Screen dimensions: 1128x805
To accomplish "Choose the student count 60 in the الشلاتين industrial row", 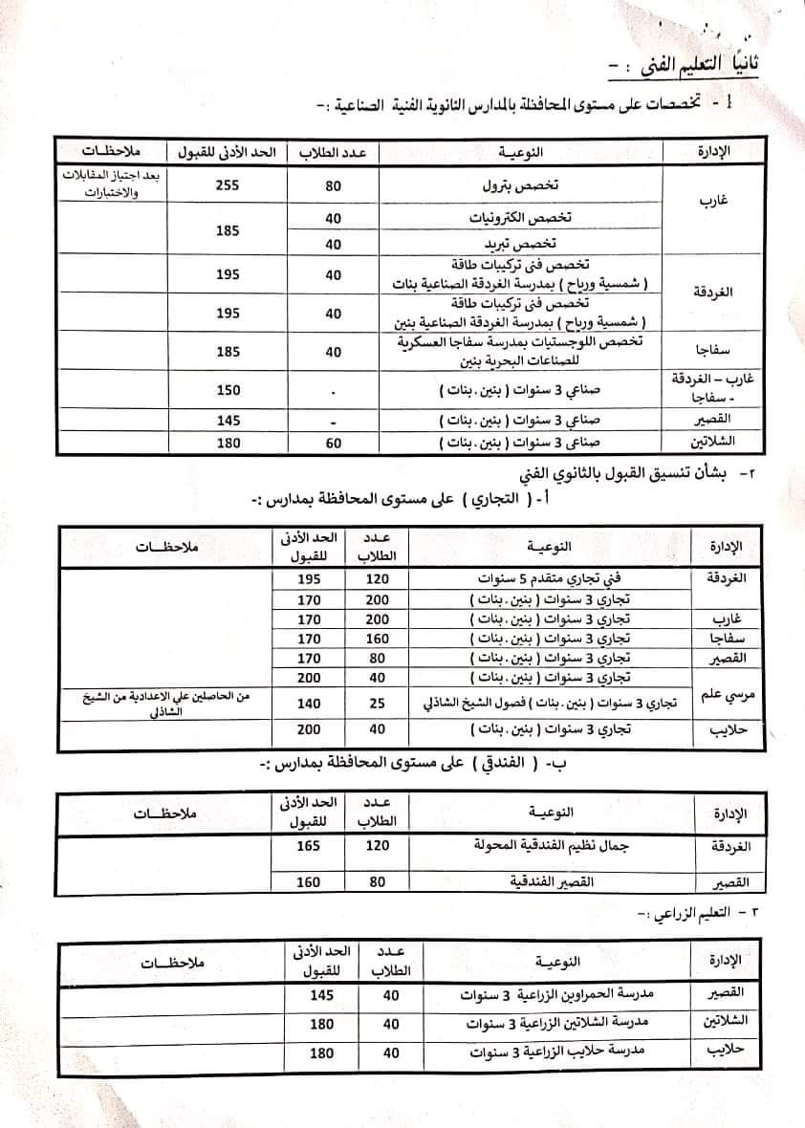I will click(x=333, y=444).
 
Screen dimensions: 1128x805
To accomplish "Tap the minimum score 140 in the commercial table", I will click(x=306, y=704).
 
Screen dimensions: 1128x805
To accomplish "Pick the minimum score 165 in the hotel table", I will click(x=306, y=847).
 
